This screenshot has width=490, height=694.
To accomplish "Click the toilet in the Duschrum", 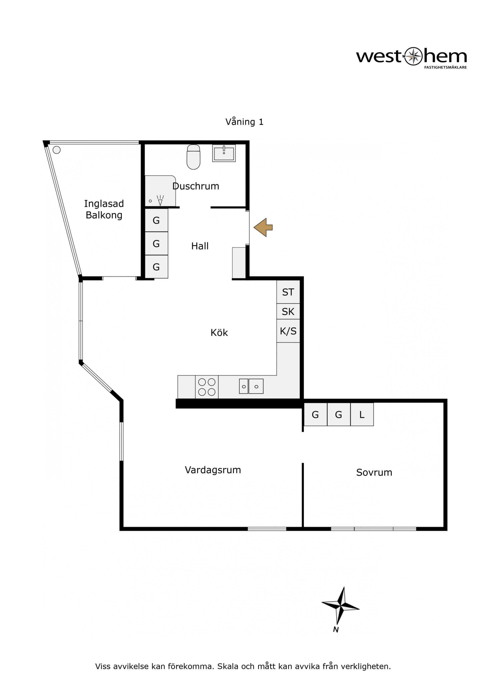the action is point(193,157).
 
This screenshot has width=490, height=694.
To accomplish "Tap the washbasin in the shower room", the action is point(224,153).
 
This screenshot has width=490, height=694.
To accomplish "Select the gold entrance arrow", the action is point(263,227).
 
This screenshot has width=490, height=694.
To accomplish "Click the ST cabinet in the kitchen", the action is point(288,292).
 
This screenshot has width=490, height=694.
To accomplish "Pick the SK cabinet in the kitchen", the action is point(288,311).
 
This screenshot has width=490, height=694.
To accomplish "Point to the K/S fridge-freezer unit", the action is point(288,331).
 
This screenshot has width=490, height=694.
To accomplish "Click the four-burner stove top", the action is point(207,387).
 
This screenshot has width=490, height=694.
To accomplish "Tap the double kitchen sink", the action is point(251,386).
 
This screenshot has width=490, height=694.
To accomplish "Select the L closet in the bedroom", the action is point(362,414).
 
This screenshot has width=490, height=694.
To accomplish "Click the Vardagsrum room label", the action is point(213,470).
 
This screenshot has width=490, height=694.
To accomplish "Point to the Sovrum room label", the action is point(374,472).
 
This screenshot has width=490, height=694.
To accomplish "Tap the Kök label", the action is point(219,332).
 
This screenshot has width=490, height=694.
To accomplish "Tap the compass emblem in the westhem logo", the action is point(413,56).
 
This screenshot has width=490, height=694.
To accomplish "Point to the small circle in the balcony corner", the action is point(56,150).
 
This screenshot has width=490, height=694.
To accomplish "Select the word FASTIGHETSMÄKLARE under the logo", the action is point(445,67).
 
